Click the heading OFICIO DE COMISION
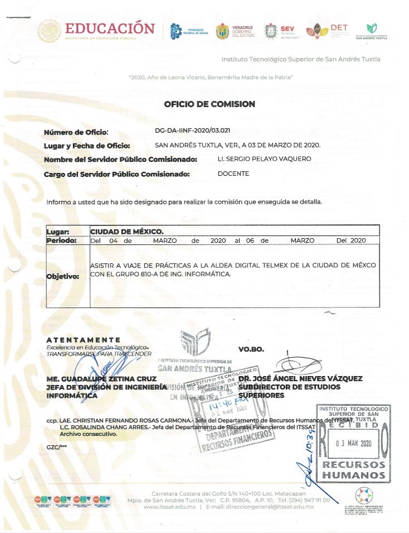pyautogui.click(x=210, y=104)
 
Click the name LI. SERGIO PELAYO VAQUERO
pyautogui.click(x=264, y=159)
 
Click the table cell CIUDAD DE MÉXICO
pyautogui.click(x=127, y=231)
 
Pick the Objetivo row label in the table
pyautogui.click(x=63, y=276)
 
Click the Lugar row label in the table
pyautogui.click(x=58, y=231)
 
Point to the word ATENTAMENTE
pyautogui.click(x=83, y=340)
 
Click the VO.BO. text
pyautogui.click(x=251, y=349)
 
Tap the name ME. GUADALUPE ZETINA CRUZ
pyautogui.click(x=101, y=378)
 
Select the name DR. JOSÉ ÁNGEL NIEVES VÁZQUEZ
pyautogui.click(x=300, y=378)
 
